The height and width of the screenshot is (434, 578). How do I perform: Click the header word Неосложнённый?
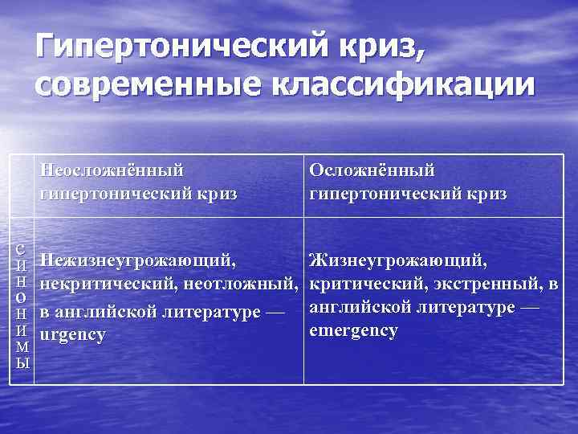pos(112,170)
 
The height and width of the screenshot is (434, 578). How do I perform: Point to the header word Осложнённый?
pos(372,170)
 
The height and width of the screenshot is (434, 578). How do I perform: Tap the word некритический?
pos(109,285)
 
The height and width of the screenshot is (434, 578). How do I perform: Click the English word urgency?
pos(73,334)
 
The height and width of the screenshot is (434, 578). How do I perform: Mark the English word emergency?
pos(353,331)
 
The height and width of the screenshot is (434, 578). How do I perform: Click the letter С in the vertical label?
pos(23,249)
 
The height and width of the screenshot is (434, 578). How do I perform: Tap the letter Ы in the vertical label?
pos(23,362)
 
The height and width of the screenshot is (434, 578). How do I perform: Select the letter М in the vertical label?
pos(23,346)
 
